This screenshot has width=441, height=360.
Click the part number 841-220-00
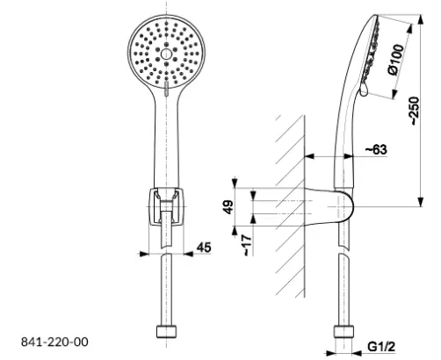(x=54, y=342)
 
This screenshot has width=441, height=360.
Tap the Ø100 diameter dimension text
(x=396, y=60)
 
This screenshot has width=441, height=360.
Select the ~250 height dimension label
(x=415, y=111)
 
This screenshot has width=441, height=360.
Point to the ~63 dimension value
(x=376, y=149)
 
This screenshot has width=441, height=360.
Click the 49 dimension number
(x=228, y=206)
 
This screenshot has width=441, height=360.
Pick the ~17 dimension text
(x=248, y=245)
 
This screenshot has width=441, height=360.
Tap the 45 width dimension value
(x=204, y=248)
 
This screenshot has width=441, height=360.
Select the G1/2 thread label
(x=381, y=347)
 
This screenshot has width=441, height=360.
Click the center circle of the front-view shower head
(x=166, y=54)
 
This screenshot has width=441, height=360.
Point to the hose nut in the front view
(x=167, y=331)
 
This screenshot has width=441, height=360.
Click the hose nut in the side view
(x=343, y=331)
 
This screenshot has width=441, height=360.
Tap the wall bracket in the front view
(x=166, y=206)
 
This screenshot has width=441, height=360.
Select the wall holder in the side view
(x=329, y=206)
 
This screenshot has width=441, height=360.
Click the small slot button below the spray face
(x=166, y=89)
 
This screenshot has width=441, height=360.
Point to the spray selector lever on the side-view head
(x=364, y=90)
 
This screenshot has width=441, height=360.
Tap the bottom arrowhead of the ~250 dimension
(x=421, y=202)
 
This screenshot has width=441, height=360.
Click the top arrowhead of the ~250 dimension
(x=421, y=19)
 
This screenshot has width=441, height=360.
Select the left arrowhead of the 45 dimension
(x=144, y=254)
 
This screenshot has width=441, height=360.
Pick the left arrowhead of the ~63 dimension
(x=309, y=156)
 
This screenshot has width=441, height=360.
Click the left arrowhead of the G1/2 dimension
(x=331, y=354)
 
